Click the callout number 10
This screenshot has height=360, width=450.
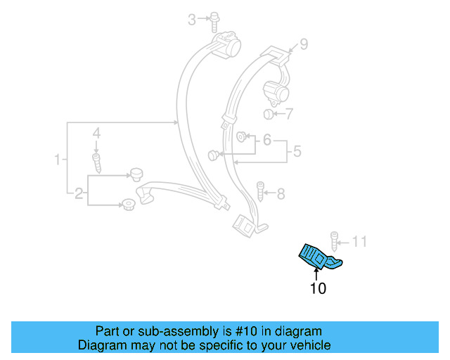click(318, 288)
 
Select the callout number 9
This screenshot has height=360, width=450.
click(303, 44)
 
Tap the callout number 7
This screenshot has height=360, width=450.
click(290, 113)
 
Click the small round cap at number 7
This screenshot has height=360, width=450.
click(268, 114)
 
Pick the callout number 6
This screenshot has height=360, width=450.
click(267, 141)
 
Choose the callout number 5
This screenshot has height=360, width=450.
click(297, 150)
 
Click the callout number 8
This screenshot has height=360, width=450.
click(281, 193)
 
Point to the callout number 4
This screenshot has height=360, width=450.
click(97, 133)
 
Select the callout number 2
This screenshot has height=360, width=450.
click(79, 193)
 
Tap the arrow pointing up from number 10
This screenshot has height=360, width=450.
click(315, 272)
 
